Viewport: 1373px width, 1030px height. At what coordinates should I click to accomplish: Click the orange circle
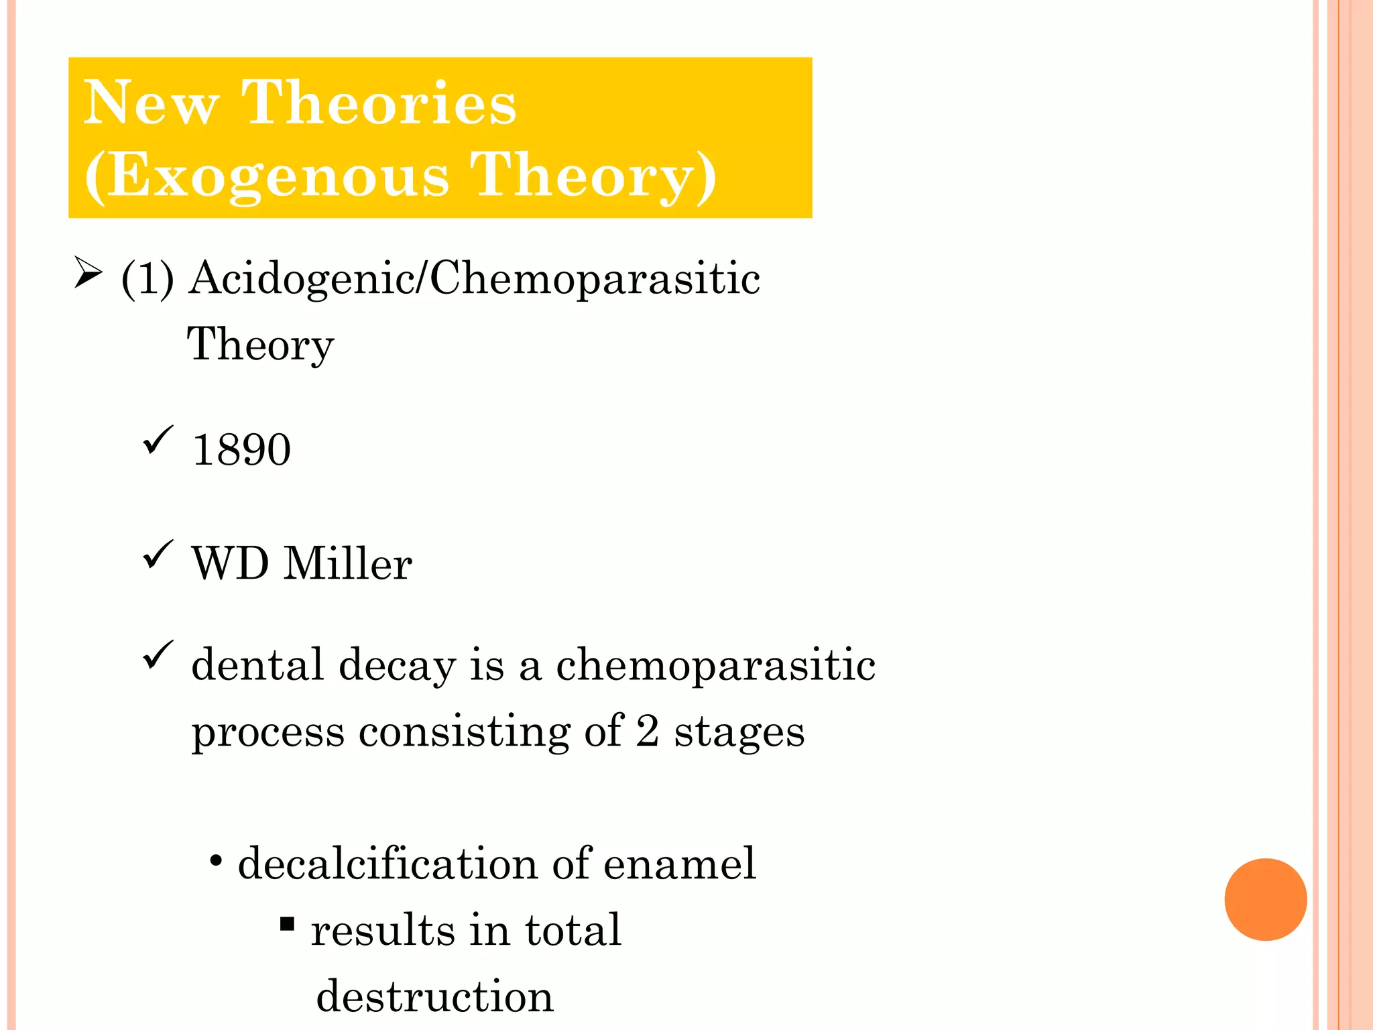[1265, 899]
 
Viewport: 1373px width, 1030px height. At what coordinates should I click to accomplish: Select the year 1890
[241, 449]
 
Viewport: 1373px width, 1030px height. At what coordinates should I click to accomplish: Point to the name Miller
[348, 563]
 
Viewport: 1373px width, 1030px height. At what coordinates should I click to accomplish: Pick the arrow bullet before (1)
[88, 273]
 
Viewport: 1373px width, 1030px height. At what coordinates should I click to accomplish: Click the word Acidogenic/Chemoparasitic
[475, 278]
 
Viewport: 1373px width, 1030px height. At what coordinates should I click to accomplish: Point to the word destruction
[434, 996]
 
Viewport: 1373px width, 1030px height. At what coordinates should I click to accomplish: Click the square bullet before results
[288, 925]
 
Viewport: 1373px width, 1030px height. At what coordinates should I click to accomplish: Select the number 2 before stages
[647, 730]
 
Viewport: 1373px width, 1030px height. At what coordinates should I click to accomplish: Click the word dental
[258, 665]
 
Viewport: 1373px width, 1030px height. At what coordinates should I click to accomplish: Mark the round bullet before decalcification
[216, 861]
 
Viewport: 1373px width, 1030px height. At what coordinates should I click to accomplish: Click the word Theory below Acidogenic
[260, 345]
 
